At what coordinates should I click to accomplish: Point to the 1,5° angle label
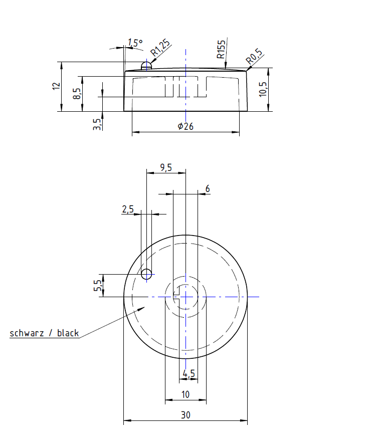[x=135, y=43]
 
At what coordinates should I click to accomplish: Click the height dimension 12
[x=56, y=86]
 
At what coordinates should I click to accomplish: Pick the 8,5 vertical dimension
[x=76, y=94]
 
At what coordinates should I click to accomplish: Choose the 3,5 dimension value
[x=97, y=123]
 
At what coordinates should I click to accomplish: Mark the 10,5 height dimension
[x=263, y=89]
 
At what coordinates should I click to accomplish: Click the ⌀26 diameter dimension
[x=185, y=126]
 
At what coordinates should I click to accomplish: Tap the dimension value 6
[x=208, y=189]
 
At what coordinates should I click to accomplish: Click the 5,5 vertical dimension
[x=98, y=286]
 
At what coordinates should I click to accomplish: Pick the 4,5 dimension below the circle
[x=189, y=373]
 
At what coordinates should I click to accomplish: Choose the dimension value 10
[x=186, y=394]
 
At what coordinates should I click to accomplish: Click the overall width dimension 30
[x=186, y=416]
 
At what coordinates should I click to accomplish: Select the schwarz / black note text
[x=44, y=333]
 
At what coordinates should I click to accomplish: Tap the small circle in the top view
[x=146, y=274]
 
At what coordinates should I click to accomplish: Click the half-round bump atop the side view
[x=146, y=66]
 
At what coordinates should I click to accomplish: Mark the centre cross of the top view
[x=186, y=297]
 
